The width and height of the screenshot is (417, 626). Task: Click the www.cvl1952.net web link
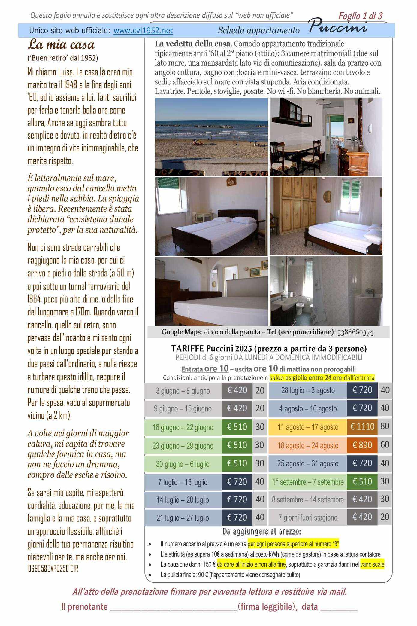click(143, 31)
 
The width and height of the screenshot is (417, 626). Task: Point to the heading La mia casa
click(61, 45)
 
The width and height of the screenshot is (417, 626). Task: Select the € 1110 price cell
click(362, 426)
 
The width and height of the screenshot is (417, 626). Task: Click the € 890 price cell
click(362, 445)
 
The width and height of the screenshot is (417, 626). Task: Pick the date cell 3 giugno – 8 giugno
click(183, 391)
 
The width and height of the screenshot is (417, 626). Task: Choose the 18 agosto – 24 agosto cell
click(308, 445)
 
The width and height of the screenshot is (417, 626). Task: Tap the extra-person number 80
click(385, 426)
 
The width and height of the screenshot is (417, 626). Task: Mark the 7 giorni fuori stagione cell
click(308, 518)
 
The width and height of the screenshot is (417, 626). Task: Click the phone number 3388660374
click(355, 332)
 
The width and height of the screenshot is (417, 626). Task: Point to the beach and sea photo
click(211, 137)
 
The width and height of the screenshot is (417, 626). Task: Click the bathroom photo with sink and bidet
click(326, 291)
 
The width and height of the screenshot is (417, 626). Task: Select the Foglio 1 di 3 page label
click(360, 16)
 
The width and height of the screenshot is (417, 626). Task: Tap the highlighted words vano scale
click(372, 564)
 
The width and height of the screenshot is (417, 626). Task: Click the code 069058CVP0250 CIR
click(53, 569)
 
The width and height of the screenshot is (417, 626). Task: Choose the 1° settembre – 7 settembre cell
click(308, 482)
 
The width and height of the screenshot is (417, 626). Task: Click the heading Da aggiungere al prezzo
click(261, 531)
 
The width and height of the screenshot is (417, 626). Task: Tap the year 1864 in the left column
click(35, 299)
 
